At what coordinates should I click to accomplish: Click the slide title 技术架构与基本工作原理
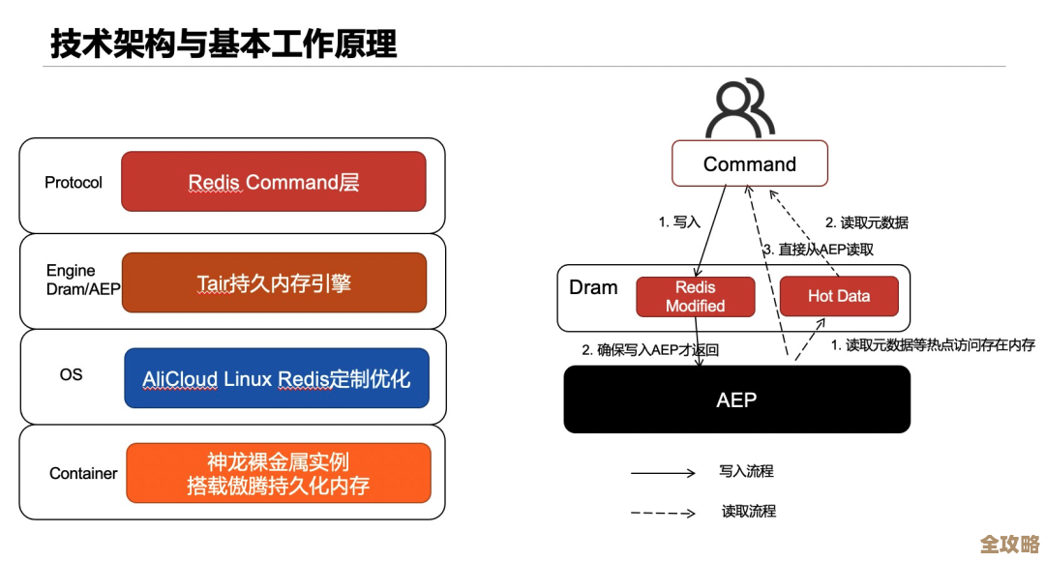pyautogui.click(x=224, y=44)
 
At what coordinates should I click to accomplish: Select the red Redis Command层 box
pyautogui.click(x=274, y=182)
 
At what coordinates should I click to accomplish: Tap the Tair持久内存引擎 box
pyautogui.click(x=274, y=282)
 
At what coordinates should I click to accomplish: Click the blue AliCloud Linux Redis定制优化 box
pyautogui.click(x=277, y=378)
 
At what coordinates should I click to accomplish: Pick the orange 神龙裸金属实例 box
pyautogui.click(x=279, y=473)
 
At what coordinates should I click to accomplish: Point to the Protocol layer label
pyautogui.click(x=74, y=183)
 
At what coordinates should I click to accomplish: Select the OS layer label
pyautogui.click(x=71, y=374)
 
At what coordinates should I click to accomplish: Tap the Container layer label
pyautogui.click(x=83, y=474)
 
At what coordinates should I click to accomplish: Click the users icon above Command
pyautogui.click(x=740, y=108)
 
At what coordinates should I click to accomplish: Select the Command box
pyautogui.click(x=750, y=164)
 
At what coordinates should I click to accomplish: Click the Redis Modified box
pyautogui.click(x=695, y=297)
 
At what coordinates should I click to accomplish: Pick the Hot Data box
pyautogui.click(x=839, y=296)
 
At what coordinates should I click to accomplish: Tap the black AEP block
pyautogui.click(x=736, y=399)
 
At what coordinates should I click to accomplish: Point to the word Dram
pyautogui.click(x=593, y=287)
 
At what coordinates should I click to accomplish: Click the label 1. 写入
pyautogui.click(x=679, y=222)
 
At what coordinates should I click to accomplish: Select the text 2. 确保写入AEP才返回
pyautogui.click(x=650, y=350)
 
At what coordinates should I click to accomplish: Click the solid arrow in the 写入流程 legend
pyautogui.click(x=663, y=473)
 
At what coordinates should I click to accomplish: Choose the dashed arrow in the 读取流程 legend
pyautogui.click(x=663, y=513)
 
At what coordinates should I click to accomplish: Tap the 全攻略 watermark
pyautogui.click(x=1009, y=543)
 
